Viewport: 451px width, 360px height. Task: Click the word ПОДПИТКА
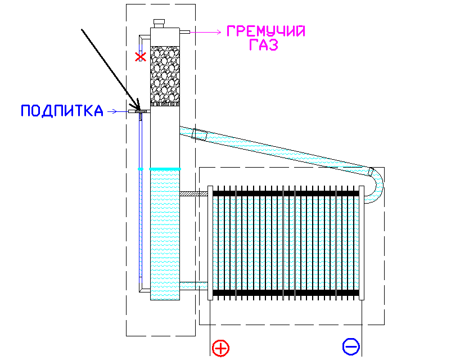[x=62, y=111]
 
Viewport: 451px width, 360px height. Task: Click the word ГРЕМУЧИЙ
[x=266, y=31]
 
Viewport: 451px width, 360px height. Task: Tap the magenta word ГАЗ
[x=264, y=45]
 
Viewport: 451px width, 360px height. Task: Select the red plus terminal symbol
[x=220, y=348]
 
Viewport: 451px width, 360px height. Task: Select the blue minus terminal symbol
[x=351, y=346]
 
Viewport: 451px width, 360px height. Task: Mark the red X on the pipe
[x=141, y=57]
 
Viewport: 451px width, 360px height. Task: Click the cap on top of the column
[x=159, y=23]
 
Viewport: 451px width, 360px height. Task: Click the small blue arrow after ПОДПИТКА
[x=112, y=111]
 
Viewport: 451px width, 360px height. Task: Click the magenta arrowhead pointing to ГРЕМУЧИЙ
[x=219, y=32]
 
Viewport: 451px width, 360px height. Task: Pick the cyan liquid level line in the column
[x=165, y=169]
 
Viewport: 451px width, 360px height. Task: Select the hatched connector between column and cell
[x=193, y=194]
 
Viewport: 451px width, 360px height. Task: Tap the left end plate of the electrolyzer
[x=210, y=243]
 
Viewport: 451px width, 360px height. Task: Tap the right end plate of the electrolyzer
[x=362, y=243]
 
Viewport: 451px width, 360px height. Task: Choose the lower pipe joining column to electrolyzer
[x=193, y=286]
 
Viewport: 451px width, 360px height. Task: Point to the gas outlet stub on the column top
[x=184, y=32]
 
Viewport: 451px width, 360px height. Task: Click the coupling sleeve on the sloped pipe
[x=199, y=134]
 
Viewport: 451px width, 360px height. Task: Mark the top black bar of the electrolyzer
[x=286, y=193]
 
